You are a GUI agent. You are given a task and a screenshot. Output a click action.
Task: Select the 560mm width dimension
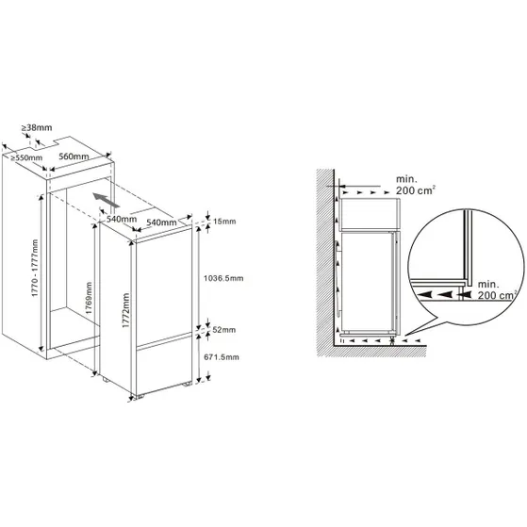[74, 157]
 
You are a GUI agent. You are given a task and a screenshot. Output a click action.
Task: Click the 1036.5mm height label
[223, 278]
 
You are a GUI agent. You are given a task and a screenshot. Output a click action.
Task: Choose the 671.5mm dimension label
[223, 358]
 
